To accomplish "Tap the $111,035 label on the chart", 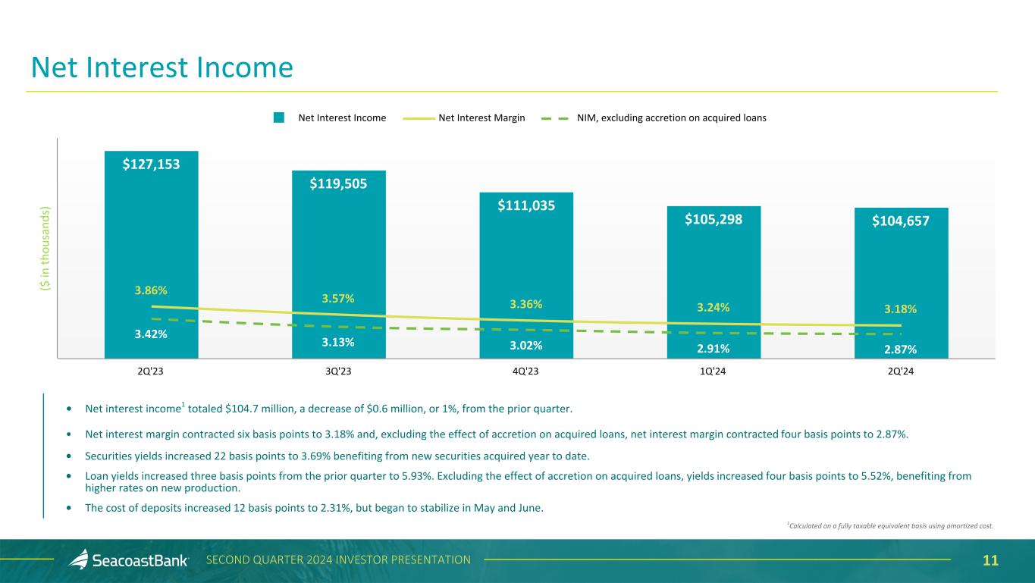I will point(526,204).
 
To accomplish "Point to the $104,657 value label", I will point(901,221).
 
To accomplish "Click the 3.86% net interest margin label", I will point(151,290).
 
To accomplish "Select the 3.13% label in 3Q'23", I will point(338,342).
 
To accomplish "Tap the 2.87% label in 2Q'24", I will point(901,349).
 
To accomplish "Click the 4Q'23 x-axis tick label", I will point(526,371).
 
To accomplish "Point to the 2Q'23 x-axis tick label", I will point(151,371).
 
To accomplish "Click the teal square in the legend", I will point(279,118).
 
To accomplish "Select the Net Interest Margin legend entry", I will point(481,118).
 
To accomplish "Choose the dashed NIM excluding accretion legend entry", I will point(658,118).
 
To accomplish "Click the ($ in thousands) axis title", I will point(45,246).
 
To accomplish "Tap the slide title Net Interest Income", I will point(162,68).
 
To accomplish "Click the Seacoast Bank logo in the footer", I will point(129,560).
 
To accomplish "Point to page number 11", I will point(990,560).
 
